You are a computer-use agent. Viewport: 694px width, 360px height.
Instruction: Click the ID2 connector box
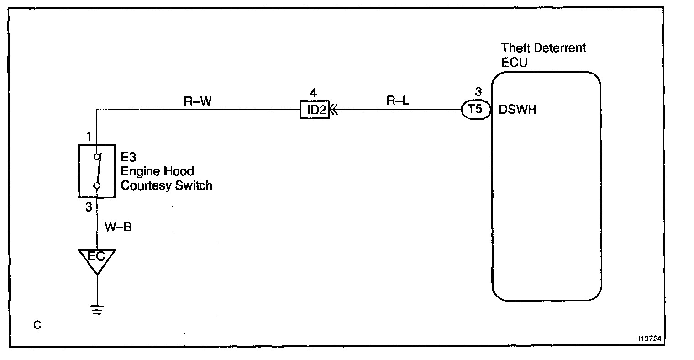(x=314, y=110)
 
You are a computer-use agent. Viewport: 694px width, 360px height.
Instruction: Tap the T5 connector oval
(x=475, y=110)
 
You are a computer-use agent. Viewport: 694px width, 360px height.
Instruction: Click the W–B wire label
(x=119, y=227)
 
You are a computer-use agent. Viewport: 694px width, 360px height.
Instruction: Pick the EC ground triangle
(x=97, y=259)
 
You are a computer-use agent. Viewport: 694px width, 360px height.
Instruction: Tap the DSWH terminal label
(x=518, y=110)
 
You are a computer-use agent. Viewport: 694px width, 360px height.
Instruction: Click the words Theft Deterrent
(x=543, y=48)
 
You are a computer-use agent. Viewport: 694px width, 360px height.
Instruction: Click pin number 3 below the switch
(x=89, y=206)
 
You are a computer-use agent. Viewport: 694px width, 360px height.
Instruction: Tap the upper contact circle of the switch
(x=96, y=157)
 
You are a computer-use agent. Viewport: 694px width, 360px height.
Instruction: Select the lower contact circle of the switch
(x=97, y=185)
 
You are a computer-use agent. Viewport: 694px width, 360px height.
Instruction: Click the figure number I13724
(x=651, y=339)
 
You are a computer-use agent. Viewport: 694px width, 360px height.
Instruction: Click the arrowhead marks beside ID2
(x=334, y=110)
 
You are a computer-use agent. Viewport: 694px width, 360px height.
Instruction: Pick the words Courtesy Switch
(x=166, y=186)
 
